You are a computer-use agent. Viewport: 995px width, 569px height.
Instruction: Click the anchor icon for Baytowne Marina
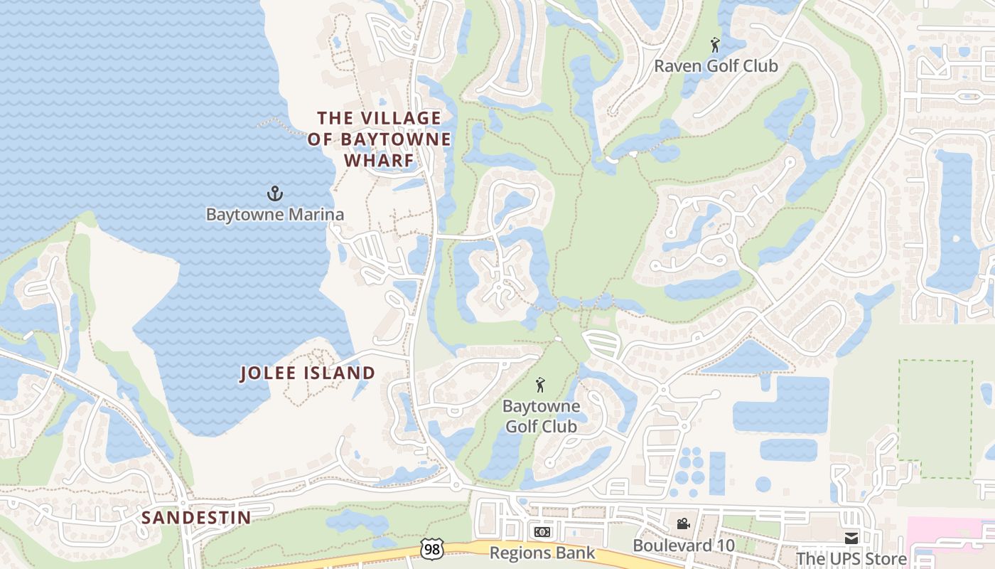pyautogui.click(x=274, y=193)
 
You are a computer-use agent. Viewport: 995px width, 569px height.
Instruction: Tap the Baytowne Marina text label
pyautogui.click(x=274, y=214)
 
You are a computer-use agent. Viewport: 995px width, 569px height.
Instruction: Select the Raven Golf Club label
pyautogui.click(x=716, y=66)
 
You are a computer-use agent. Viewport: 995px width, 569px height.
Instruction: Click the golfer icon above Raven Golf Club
pyautogui.click(x=715, y=46)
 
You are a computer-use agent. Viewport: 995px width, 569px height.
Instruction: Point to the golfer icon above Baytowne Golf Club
pyautogui.click(x=540, y=385)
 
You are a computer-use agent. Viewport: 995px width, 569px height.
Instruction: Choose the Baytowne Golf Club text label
pyautogui.click(x=541, y=417)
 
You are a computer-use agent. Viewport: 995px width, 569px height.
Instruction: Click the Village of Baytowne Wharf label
pyautogui.click(x=380, y=139)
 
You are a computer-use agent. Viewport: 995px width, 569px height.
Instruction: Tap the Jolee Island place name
pyautogui.click(x=307, y=373)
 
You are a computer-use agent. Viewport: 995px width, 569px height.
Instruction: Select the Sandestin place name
pyautogui.click(x=196, y=517)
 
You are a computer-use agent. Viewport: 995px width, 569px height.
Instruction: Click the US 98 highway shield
pyautogui.click(x=431, y=549)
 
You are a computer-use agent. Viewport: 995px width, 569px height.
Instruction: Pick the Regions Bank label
pyautogui.click(x=542, y=553)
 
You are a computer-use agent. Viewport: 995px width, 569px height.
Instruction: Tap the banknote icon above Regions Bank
pyautogui.click(x=542, y=532)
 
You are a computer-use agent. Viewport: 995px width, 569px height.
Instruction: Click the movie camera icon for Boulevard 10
pyautogui.click(x=683, y=524)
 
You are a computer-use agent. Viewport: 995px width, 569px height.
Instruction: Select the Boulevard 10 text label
pyautogui.click(x=683, y=545)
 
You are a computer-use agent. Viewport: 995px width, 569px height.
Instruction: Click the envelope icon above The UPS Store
pyautogui.click(x=851, y=538)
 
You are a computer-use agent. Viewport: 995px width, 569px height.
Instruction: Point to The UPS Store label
pyautogui.click(x=851, y=558)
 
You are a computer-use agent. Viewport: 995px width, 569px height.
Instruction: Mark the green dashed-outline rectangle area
pyautogui.click(x=935, y=418)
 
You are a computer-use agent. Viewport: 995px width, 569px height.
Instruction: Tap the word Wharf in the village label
pyautogui.click(x=380, y=160)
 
